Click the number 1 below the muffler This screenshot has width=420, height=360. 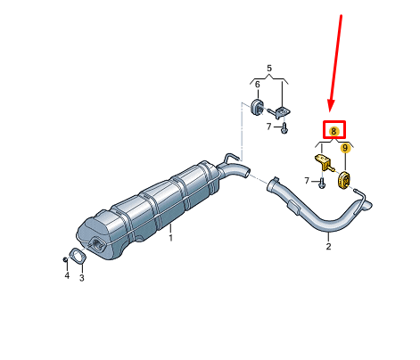[170, 238]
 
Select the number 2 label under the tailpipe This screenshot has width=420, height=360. [328, 246]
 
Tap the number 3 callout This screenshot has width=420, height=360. [82, 278]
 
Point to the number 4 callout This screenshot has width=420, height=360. [67, 275]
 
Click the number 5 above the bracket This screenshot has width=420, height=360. [269, 69]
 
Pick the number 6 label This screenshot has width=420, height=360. [258, 85]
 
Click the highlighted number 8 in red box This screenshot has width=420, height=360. [334, 131]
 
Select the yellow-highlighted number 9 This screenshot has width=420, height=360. [345, 148]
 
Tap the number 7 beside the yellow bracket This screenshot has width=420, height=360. [307, 180]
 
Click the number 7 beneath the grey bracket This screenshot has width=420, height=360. [268, 127]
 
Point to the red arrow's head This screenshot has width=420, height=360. [331, 106]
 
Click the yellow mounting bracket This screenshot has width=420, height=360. [324, 162]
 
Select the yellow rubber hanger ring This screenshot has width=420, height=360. [344, 179]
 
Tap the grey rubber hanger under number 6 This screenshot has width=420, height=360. [256, 107]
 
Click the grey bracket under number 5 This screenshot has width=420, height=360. [281, 112]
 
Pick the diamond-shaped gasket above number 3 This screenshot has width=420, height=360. [78, 256]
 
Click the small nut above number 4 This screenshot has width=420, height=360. [65, 259]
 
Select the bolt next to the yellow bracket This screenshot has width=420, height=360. [321, 184]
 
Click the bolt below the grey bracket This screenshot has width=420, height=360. [284, 128]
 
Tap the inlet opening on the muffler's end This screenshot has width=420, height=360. [98, 244]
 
